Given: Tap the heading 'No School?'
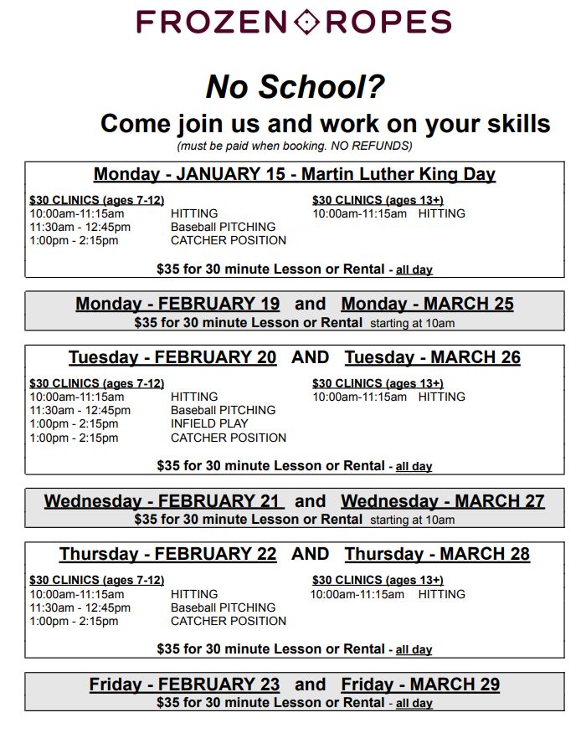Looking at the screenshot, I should (295, 86).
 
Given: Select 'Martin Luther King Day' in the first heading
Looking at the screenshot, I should (398, 175).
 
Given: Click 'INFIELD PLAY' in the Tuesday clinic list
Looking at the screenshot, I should (209, 423).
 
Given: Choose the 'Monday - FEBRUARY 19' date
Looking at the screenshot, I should (177, 304).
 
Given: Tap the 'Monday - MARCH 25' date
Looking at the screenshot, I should (427, 304).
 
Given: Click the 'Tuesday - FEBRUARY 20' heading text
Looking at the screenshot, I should (172, 357).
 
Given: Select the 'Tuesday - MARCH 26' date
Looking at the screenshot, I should (432, 357).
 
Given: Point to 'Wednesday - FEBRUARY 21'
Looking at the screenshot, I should (163, 501).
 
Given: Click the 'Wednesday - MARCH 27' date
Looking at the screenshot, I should (442, 501).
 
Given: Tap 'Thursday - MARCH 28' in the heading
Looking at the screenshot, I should (437, 554).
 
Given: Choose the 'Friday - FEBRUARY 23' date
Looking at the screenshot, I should (184, 684).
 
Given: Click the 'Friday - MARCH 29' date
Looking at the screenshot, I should (420, 684).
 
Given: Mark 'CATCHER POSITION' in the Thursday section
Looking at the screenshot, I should (228, 621).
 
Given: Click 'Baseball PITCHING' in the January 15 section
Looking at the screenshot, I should (223, 227).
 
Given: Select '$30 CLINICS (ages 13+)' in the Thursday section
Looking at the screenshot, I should (378, 580).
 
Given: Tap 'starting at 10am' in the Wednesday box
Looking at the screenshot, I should (412, 520).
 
